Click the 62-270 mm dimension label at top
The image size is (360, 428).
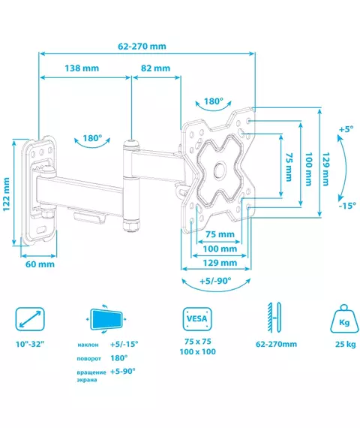tap(142, 46)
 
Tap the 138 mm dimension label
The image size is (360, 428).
tap(82, 68)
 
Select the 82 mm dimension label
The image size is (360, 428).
tap(155, 68)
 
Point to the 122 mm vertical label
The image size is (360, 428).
tap(6, 194)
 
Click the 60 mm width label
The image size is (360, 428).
tap(40, 264)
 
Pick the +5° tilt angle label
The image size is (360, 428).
tap(346, 129)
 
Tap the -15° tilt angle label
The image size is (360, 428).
tap(347, 205)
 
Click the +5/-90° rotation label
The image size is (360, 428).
tap(215, 281)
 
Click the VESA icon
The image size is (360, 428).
tap(197, 319)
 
